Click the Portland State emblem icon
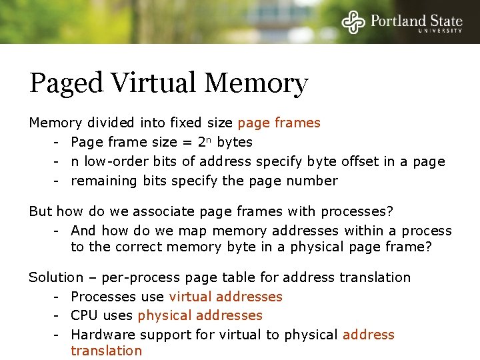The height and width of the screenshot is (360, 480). (x=355, y=22)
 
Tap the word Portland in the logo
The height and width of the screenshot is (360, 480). (x=398, y=20)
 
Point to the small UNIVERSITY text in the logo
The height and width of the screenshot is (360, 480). (x=440, y=31)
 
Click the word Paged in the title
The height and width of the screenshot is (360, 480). (x=65, y=84)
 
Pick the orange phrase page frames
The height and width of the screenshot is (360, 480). (x=279, y=123)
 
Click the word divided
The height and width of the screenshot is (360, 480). (x=110, y=123)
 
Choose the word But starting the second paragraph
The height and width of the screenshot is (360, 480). (x=40, y=211)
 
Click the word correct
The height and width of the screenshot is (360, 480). (x=139, y=247)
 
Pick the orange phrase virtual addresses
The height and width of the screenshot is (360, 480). (x=225, y=297)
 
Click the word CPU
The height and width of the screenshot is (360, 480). (x=85, y=315)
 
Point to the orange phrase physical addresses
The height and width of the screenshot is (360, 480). (x=200, y=315)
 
